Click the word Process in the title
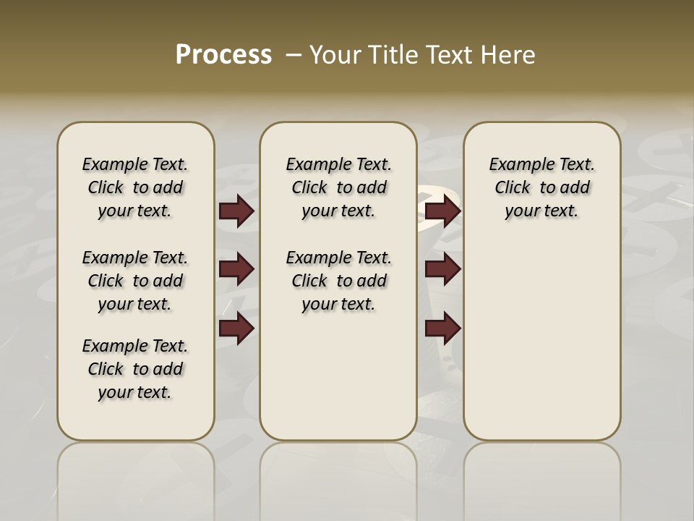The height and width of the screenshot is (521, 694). pyautogui.click(x=223, y=54)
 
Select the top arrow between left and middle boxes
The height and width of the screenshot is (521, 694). pyautogui.click(x=236, y=211)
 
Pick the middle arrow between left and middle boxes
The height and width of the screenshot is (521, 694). pyautogui.click(x=236, y=269)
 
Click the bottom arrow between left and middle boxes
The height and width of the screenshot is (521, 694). pyautogui.click(x=236, y=329)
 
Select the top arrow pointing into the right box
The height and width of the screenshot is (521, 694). pyautogui.click(x=442, y=211)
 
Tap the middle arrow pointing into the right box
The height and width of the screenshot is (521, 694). pyautogui.click(x=442, y=269)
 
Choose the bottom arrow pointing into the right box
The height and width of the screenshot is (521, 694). pyautogui.click(x=442, y=329)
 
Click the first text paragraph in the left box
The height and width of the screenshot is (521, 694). pyautogui.click(x=135, y=187)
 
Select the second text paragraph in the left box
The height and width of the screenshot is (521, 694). pyautogui.click(x=135, y=281)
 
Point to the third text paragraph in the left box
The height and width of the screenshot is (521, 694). pyautogui.click(x=135, y=369)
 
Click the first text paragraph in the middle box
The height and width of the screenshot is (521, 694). pyautogui.click(x=338, y=187)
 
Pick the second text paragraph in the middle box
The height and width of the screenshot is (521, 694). pyautogui.click(x=338, y=281)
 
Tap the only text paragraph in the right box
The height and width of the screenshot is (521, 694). pyautogui.click(x=541, y=187)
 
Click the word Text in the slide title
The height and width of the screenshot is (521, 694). pyautogui.click(x=447, y=54)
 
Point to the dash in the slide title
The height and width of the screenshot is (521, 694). pyautogui.click(x=294, y=54)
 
